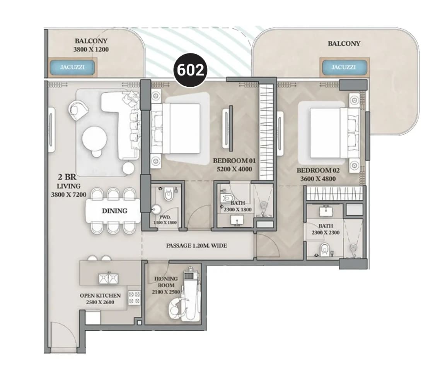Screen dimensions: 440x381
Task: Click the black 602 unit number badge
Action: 190,70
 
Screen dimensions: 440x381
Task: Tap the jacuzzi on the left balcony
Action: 72,67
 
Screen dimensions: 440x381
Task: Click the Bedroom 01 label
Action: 234,161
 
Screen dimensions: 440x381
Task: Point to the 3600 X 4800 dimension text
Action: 318,179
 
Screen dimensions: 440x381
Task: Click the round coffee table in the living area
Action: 95,139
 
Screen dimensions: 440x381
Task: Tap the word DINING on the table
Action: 114,211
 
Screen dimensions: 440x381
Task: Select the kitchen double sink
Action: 108,278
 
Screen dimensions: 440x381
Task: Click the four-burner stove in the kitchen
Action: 134,297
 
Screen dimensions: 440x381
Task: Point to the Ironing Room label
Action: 166,282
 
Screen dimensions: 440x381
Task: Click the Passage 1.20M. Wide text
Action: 196,245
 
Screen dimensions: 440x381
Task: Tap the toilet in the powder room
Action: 168,194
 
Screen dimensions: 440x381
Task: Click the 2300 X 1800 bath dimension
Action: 238,209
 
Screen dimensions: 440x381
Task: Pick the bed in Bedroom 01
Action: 176,129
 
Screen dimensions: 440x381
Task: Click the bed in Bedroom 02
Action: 334,133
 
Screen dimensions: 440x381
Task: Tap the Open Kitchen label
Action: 100,295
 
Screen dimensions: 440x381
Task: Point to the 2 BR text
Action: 67,177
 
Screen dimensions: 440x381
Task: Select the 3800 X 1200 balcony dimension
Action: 91,50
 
